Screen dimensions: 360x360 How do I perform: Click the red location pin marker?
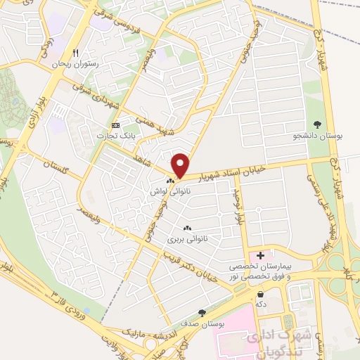click(181, 166)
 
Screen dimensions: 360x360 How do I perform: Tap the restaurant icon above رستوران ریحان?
click(75, 53)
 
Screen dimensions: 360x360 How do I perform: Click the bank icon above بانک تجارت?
click(117, 124)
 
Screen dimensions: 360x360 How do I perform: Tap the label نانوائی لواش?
click(167, 191)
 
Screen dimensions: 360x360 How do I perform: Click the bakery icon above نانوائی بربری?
click(188, 228)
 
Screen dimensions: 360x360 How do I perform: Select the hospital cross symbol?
click(261, 255)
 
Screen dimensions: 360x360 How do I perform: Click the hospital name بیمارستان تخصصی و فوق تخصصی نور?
click(262, 272)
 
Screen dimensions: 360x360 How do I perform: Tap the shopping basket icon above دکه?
click(261, 294)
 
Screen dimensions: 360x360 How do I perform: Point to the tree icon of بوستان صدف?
click(202, 312)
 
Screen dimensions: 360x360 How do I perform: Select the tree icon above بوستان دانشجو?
click(316, 124)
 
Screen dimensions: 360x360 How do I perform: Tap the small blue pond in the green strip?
click(86, 309)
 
